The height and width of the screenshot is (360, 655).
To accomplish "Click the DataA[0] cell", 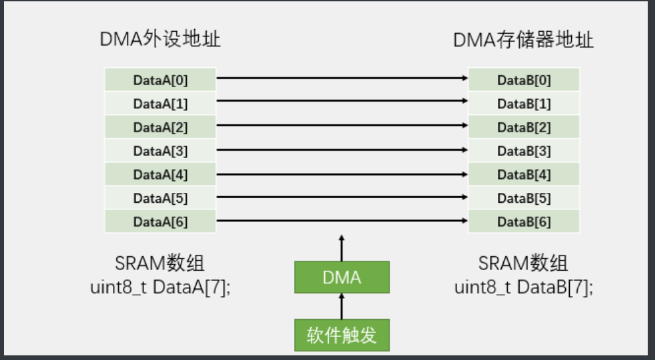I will tap(160, 80).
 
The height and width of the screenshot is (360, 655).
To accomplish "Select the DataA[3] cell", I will tap(160, 151).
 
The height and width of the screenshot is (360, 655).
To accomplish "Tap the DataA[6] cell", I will tap(160, 222).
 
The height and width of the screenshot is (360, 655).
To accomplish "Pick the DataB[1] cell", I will tap(524, 104).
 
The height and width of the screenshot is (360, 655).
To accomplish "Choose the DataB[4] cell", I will tap(524, 175).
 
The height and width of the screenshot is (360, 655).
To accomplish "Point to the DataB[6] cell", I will tap(524, 222).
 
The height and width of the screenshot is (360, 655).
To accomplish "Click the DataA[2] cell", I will tap(160, 127).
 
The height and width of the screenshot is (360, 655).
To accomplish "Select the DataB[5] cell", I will tap(524, 198).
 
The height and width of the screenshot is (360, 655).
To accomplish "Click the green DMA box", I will tap(341, 277).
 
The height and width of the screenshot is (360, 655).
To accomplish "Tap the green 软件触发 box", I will tap(341, 336).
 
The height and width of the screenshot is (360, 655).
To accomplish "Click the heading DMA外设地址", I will tap(160, 40).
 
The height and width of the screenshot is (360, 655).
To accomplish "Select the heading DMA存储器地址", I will tap(524, 40).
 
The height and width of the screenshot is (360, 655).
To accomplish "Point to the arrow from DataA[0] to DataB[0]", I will tap(342, 79).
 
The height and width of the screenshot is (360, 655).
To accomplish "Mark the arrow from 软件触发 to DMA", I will tap(341, 306).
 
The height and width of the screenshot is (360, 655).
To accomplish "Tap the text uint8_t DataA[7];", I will tap(160, 288).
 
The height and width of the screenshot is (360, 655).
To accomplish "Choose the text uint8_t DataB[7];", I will tap(524, 288).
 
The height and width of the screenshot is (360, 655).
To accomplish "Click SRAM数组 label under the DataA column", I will tap(160, 264).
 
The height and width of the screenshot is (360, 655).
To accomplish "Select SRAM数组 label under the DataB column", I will tap(524, 264).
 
